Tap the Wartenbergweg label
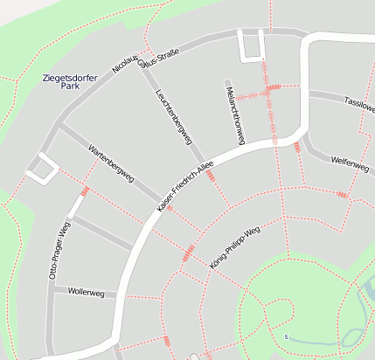(x=111, y=163)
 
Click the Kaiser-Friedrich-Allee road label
(x=184, y=190)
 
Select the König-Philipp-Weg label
(x=235, y=246)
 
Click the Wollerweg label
(x=86, y=293)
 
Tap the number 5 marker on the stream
(x=286, y=336)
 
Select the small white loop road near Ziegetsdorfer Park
(x=39, y=168)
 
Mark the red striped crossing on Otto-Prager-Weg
(x=85, y=190)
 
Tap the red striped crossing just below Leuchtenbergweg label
(x=211, y=175)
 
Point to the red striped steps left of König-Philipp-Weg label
(x=187, y=253)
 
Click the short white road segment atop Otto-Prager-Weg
(x=77, y=206)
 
